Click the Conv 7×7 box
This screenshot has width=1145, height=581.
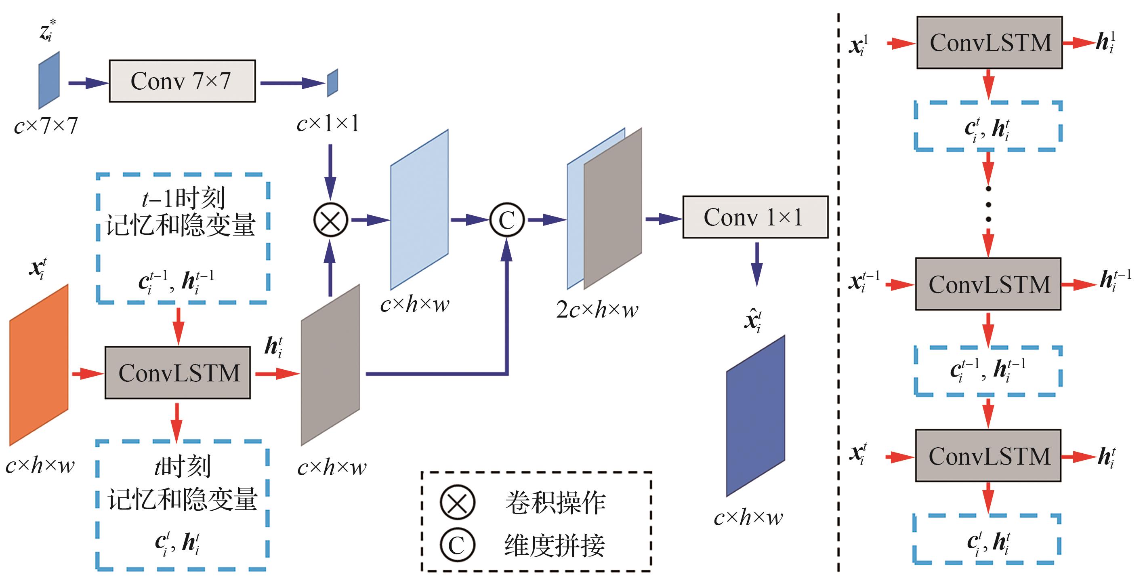(182, 81)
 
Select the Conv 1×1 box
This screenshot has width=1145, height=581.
(755, 217)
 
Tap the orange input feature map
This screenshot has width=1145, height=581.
(39, 364)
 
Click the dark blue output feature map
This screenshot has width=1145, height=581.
(755, 416)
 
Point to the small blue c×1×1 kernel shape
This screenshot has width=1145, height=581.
(332, 83)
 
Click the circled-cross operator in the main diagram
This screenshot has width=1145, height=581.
(330, 220)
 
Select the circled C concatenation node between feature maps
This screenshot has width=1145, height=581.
(507, 220)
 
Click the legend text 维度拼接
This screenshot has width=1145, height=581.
(554, 545)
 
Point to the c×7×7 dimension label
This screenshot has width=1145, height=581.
(46, 126)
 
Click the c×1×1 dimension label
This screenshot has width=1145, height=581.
(328, 124)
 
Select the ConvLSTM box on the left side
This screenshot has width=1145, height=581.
(178, 373)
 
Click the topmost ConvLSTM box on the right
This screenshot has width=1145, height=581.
(990, 43)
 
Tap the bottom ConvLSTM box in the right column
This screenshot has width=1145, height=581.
(988, 456)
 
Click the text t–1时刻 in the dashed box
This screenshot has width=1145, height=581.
(183, 198)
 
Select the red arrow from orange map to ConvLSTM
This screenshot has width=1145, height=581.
(87, 373)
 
